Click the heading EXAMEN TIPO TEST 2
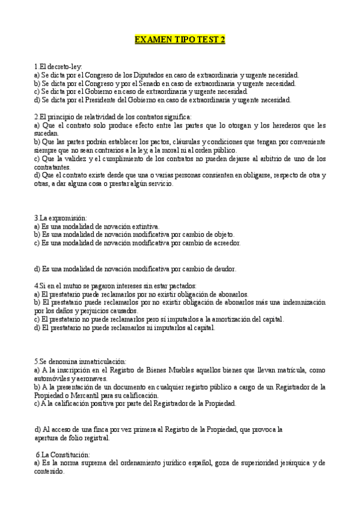point(180,40)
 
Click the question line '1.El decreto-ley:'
point(58,66)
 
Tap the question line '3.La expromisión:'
point(61,217)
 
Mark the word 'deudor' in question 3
point(223,268)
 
